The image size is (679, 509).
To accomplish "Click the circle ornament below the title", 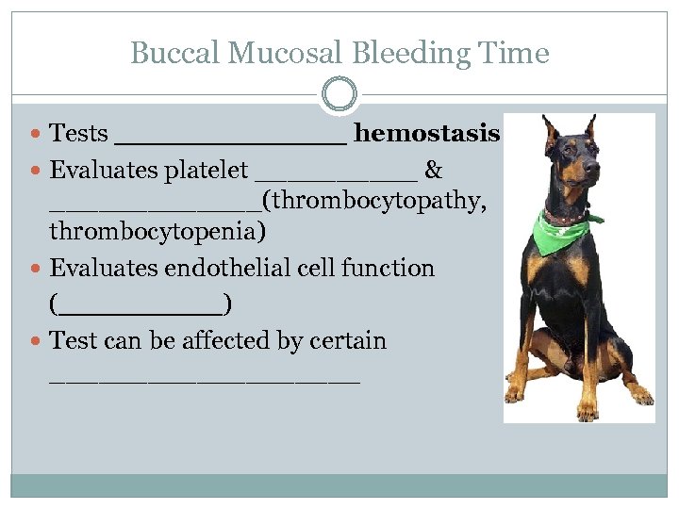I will click(x=339, y=94).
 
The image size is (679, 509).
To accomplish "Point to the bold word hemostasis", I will click(x=426, y=134).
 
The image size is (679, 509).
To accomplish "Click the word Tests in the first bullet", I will click(x=78, y=134).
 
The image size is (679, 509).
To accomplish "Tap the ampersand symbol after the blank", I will click(x=434, y=171).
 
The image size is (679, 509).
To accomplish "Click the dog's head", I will click(x=574, y=160).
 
